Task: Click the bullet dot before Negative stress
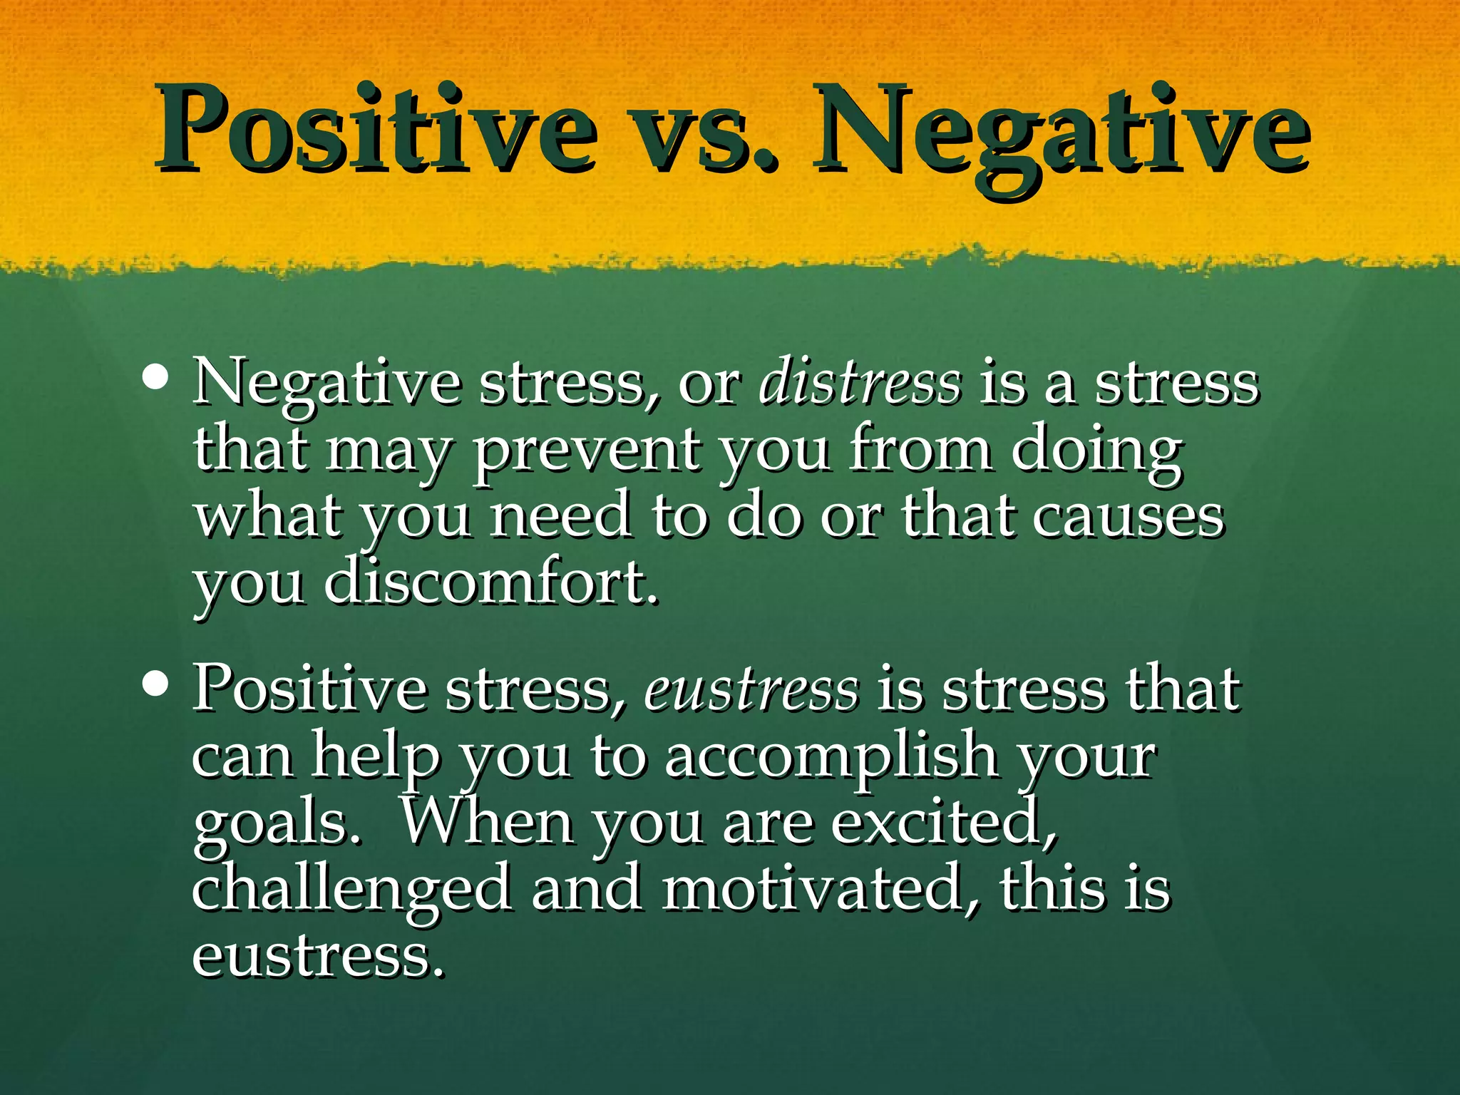click(x=155, y=378)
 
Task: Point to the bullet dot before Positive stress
click(x=155, y=684)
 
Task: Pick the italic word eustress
click(x=751, y=689)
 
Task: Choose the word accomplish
click(x=831, y=756)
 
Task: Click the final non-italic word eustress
click(x=317, y=955)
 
